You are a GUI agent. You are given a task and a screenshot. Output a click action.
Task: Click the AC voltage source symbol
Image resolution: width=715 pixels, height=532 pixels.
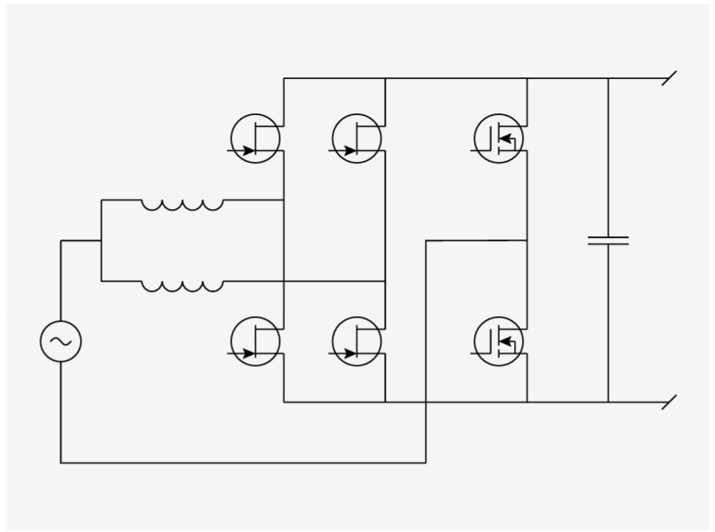pos(60,342)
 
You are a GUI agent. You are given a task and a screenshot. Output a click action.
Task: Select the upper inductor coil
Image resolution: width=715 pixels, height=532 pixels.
pos(181,204)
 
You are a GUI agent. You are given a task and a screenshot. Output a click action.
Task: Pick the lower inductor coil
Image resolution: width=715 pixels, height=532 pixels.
pos(181,286)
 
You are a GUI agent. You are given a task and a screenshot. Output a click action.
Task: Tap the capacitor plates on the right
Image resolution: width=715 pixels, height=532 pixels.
pos(608,240)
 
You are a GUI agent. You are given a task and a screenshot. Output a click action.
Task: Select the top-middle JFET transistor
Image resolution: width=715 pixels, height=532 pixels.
pos(357,138)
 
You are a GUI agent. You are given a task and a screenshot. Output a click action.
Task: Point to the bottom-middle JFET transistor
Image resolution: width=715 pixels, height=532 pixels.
pos(357,341)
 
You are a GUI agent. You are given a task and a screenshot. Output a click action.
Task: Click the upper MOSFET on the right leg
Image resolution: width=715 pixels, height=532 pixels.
pos(499,138)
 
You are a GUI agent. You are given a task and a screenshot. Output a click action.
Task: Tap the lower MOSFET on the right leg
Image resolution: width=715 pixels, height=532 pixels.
pos(499,341)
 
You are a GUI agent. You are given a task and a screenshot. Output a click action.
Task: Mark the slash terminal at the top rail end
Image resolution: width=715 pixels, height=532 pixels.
pos(669,78)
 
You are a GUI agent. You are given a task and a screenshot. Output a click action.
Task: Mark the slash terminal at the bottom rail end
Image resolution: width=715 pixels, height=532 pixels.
pos(669,402)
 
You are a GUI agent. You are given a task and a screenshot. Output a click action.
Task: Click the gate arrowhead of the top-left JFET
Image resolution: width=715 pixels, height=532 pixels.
pos(249,150)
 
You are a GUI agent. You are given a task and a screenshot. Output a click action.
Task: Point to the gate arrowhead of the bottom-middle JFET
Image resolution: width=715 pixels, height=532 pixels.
pos(350,354)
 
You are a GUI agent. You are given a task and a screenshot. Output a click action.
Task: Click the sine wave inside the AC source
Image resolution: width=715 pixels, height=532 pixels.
pos(60,342)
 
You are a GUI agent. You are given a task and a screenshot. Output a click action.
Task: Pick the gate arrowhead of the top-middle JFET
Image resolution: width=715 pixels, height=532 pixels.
pos(350,150)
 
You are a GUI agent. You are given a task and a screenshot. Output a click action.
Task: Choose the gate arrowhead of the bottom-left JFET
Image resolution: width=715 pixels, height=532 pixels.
pos(249,354)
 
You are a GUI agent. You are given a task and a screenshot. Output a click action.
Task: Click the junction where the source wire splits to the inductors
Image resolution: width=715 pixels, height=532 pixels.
pos(101,240)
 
